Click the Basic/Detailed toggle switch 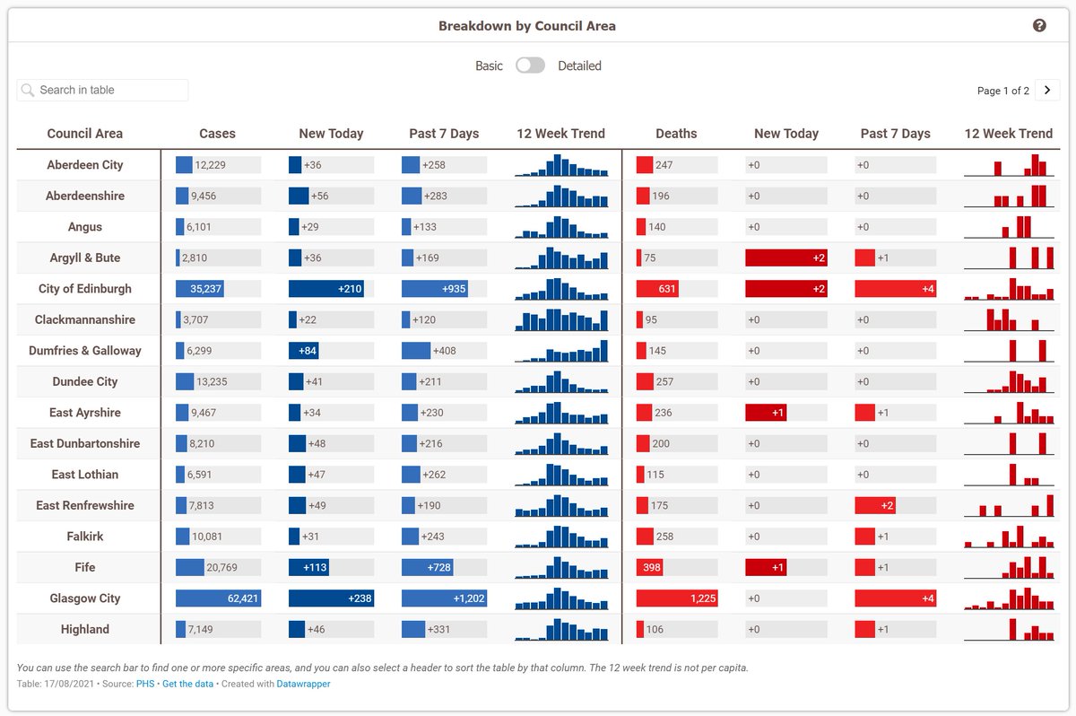[x=530, y=65]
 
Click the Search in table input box [x=103, y=90]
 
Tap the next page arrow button [x=1047, y=91]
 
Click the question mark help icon [x=1039, y=26]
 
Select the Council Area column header [x=85, y=134]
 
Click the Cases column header [x=217, y=134]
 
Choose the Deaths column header [x=676, y=134]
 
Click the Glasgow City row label [x=85, y=598]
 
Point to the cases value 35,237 [x=206, y=289]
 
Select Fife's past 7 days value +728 [x=438, y=567]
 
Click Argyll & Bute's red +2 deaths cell [x=785, y=258]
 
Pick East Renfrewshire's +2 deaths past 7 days [x=876, y=505]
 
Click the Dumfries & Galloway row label [x=85, y=351]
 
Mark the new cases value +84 [x=308, y=351]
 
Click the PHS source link [x=145, y=684]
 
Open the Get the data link [x=188, y=684]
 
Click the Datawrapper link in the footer [x=303, y=684]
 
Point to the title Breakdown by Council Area [x=527, y=26]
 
